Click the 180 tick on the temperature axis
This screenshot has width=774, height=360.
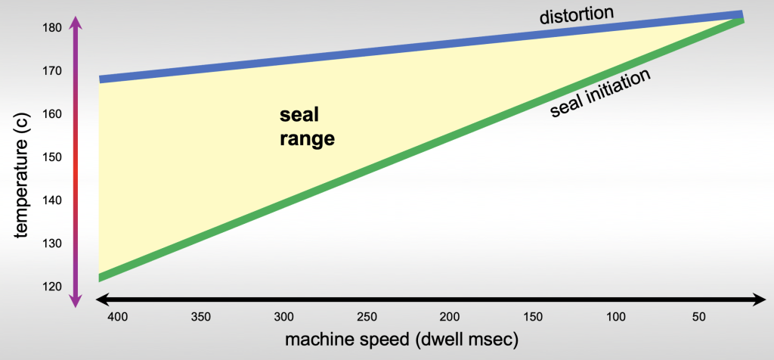click(51, 28)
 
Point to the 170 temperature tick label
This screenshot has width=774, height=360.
click(51, 71)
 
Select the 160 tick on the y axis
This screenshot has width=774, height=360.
click(51, 114)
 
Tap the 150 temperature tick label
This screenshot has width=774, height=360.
click(51, 157)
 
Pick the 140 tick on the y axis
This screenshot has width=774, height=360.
click(51, 200)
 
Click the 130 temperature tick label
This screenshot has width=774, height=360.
click(51, 244)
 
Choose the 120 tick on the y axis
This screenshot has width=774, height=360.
click(51, 287)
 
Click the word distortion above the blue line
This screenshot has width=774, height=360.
click(576, 14)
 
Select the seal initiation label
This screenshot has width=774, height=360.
click(601, 95)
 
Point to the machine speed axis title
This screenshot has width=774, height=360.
click(401, 340)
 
